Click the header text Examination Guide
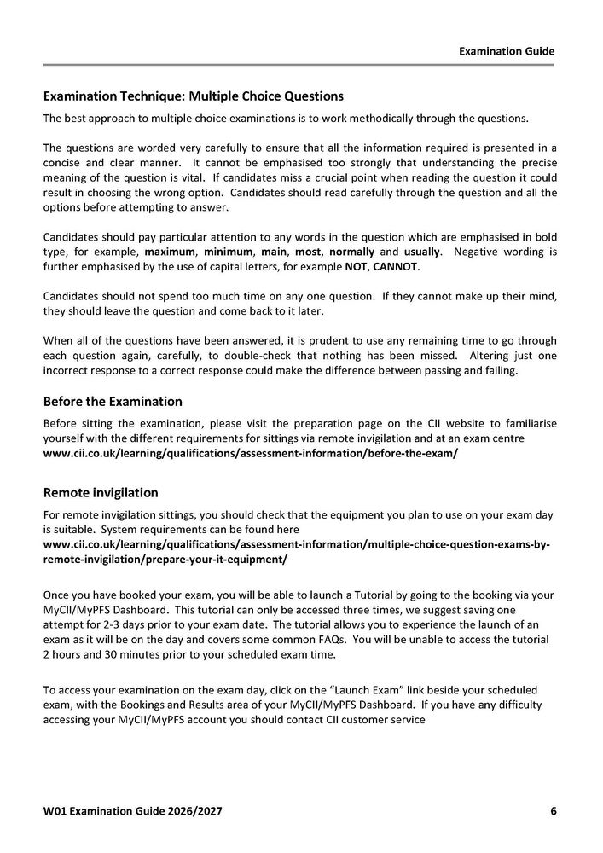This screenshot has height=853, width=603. click(507, 51)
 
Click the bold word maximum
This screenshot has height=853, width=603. click(170, 252)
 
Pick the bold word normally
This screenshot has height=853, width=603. click(352, 252)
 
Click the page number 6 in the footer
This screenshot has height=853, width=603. click(554, 810)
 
